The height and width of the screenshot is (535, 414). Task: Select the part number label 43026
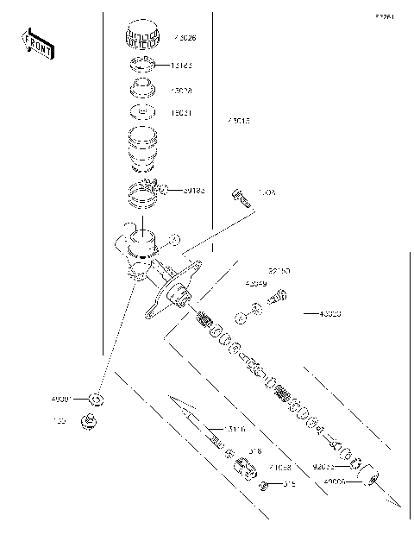click(185, 38)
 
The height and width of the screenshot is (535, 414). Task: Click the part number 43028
click(182, 90)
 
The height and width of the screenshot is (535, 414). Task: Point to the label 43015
click(238, 122)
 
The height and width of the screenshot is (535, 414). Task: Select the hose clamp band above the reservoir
click(144, 197)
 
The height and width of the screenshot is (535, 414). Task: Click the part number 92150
click(279, 270)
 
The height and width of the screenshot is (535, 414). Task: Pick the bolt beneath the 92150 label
click(278, 298)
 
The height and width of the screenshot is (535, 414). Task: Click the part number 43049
click(255, 283)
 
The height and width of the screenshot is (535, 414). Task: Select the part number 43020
click(329, 314)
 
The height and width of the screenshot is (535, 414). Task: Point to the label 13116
click(235, 429)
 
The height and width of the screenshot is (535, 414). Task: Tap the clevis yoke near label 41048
click(245, 469)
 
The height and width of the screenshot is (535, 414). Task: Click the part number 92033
click(324, 466)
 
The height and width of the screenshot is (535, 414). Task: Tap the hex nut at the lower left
click(89, 421)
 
